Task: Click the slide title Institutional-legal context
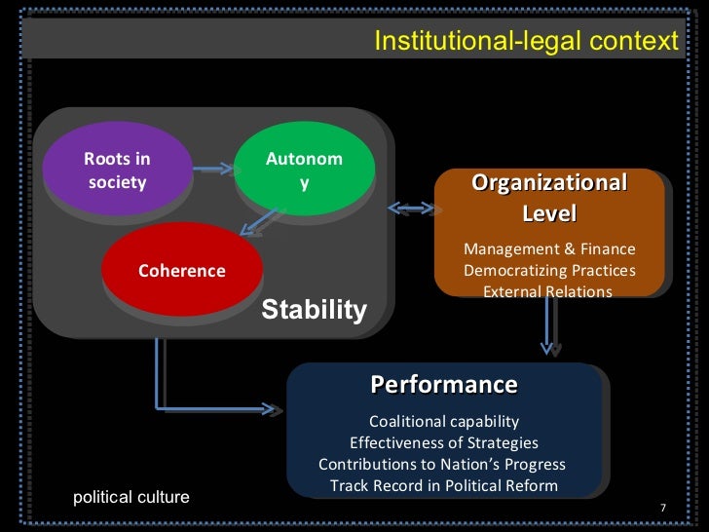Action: (x=525, y=41)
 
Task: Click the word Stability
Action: (x=314, y=310)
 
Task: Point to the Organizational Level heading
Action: (x=549, y=198)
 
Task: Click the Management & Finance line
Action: (x=549, y=249)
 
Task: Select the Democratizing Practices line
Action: (x=549, y=270)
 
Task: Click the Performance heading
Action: (x=443, y=384)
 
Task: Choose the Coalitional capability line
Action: (x=443, y=421)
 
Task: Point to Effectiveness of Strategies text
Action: (x=443, y=442)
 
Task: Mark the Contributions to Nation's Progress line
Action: (x=442, y=464)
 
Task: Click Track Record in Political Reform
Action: (x=443, y=485)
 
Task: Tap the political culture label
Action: (x=131, y=497)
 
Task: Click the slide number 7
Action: (x=662, y=508)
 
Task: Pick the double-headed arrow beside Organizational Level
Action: (x=411, y=208)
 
